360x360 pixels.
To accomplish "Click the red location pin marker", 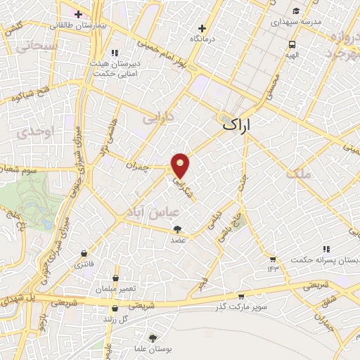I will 181,165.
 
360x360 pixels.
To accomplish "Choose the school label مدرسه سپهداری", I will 295,22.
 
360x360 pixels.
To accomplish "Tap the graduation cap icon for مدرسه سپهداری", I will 297,11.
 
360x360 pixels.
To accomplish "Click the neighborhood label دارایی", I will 158,118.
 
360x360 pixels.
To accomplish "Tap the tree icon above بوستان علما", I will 153,338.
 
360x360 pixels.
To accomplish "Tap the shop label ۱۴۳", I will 273,269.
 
